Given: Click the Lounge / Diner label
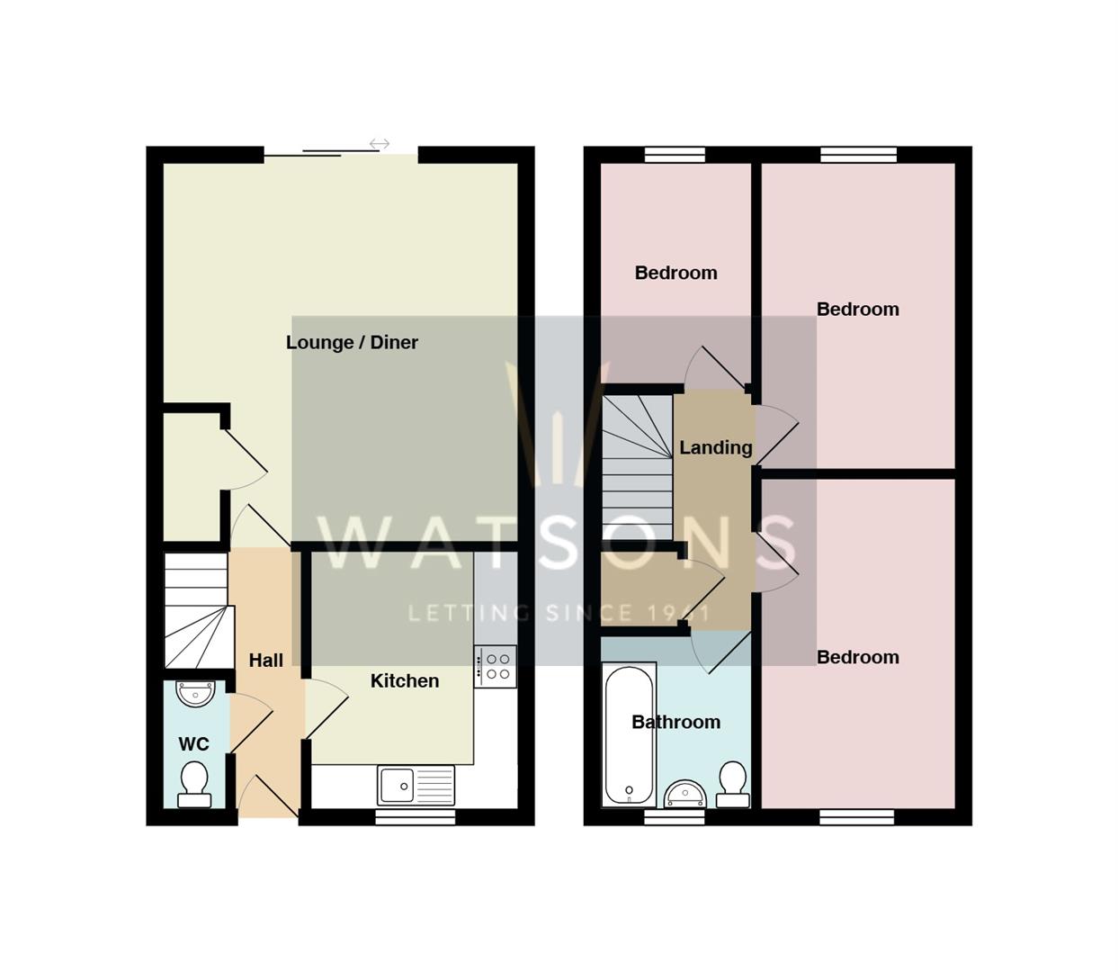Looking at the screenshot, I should tap(352, 342).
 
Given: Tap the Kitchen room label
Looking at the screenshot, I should tap(405, 681).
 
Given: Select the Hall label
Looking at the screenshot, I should tap(265, 661).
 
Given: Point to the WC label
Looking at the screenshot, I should tap(193, 744).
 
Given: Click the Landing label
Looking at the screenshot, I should tap(715, 447).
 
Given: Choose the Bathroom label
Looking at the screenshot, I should tap(675, 722).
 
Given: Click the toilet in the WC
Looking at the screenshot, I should tap(194, 784).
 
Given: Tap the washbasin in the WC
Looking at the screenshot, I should tap(195, 694).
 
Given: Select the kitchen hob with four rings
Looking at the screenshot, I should tap(496, 666).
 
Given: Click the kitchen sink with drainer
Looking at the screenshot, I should tap(416, 785).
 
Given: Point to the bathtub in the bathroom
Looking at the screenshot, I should tap(629, 734).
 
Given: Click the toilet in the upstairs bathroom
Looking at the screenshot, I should tap(733, 785).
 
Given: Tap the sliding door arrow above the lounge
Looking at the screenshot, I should tap(380, 144).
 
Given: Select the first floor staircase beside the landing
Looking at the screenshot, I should tap(637, 467).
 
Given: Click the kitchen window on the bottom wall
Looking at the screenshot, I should tap(415, 817).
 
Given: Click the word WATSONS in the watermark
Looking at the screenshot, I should tap(558, 543).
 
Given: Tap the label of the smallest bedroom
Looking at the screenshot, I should tap(675, 273).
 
